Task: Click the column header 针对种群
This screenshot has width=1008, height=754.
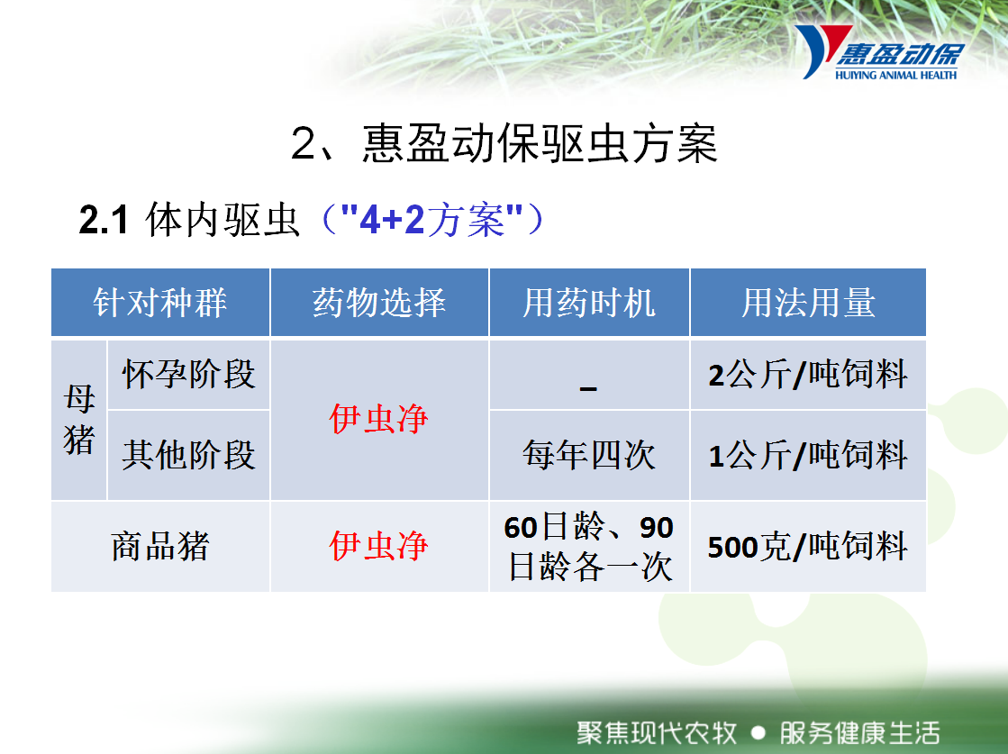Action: pyautogui.click(x=160, y=302)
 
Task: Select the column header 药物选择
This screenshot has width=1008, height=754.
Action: pyautogui.click(x=379, y=302)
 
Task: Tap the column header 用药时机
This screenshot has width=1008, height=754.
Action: pyautogui.click(x=589, y=303)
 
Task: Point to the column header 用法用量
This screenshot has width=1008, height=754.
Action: pyautogui.click(x=808, y=303)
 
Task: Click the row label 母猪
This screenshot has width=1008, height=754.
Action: pyautogui.click(x=79, y=419)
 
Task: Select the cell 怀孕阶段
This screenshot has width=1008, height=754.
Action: pyautogui.click(x=188, y=374)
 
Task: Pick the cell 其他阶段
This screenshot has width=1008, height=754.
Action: pyautogui.click(x=188, y=454)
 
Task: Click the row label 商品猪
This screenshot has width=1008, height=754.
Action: pyautogui.click(x=160, y=547)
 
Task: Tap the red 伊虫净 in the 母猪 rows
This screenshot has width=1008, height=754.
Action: pyautogui.click(x=378, y=419)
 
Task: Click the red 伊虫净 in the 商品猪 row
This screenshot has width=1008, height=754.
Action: pyautogui.click(x=378, y=546)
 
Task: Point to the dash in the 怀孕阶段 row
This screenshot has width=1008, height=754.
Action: pyautogui.click(x=588, y=388)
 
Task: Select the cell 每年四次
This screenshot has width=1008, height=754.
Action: pyautogui.click(x=589, y=454)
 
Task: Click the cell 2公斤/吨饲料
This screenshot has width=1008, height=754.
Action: pyautogui.click(x=808, y=374)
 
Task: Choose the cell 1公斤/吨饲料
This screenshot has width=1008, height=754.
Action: pyautogui.click(x=808, y=454)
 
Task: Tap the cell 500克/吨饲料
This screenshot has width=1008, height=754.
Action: pyautogui.click(x=808, y=547)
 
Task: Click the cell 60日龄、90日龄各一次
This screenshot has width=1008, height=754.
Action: pyautogui.click(x=589, y=547)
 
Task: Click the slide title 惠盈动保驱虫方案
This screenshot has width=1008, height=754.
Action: pyautogui.click(x=540, y=143)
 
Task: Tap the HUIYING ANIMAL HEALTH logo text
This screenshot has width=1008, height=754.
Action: pyautogui.click(x=896, y=75)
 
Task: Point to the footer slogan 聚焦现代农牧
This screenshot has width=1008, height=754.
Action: pyautogui.click(x=657, y=732)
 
